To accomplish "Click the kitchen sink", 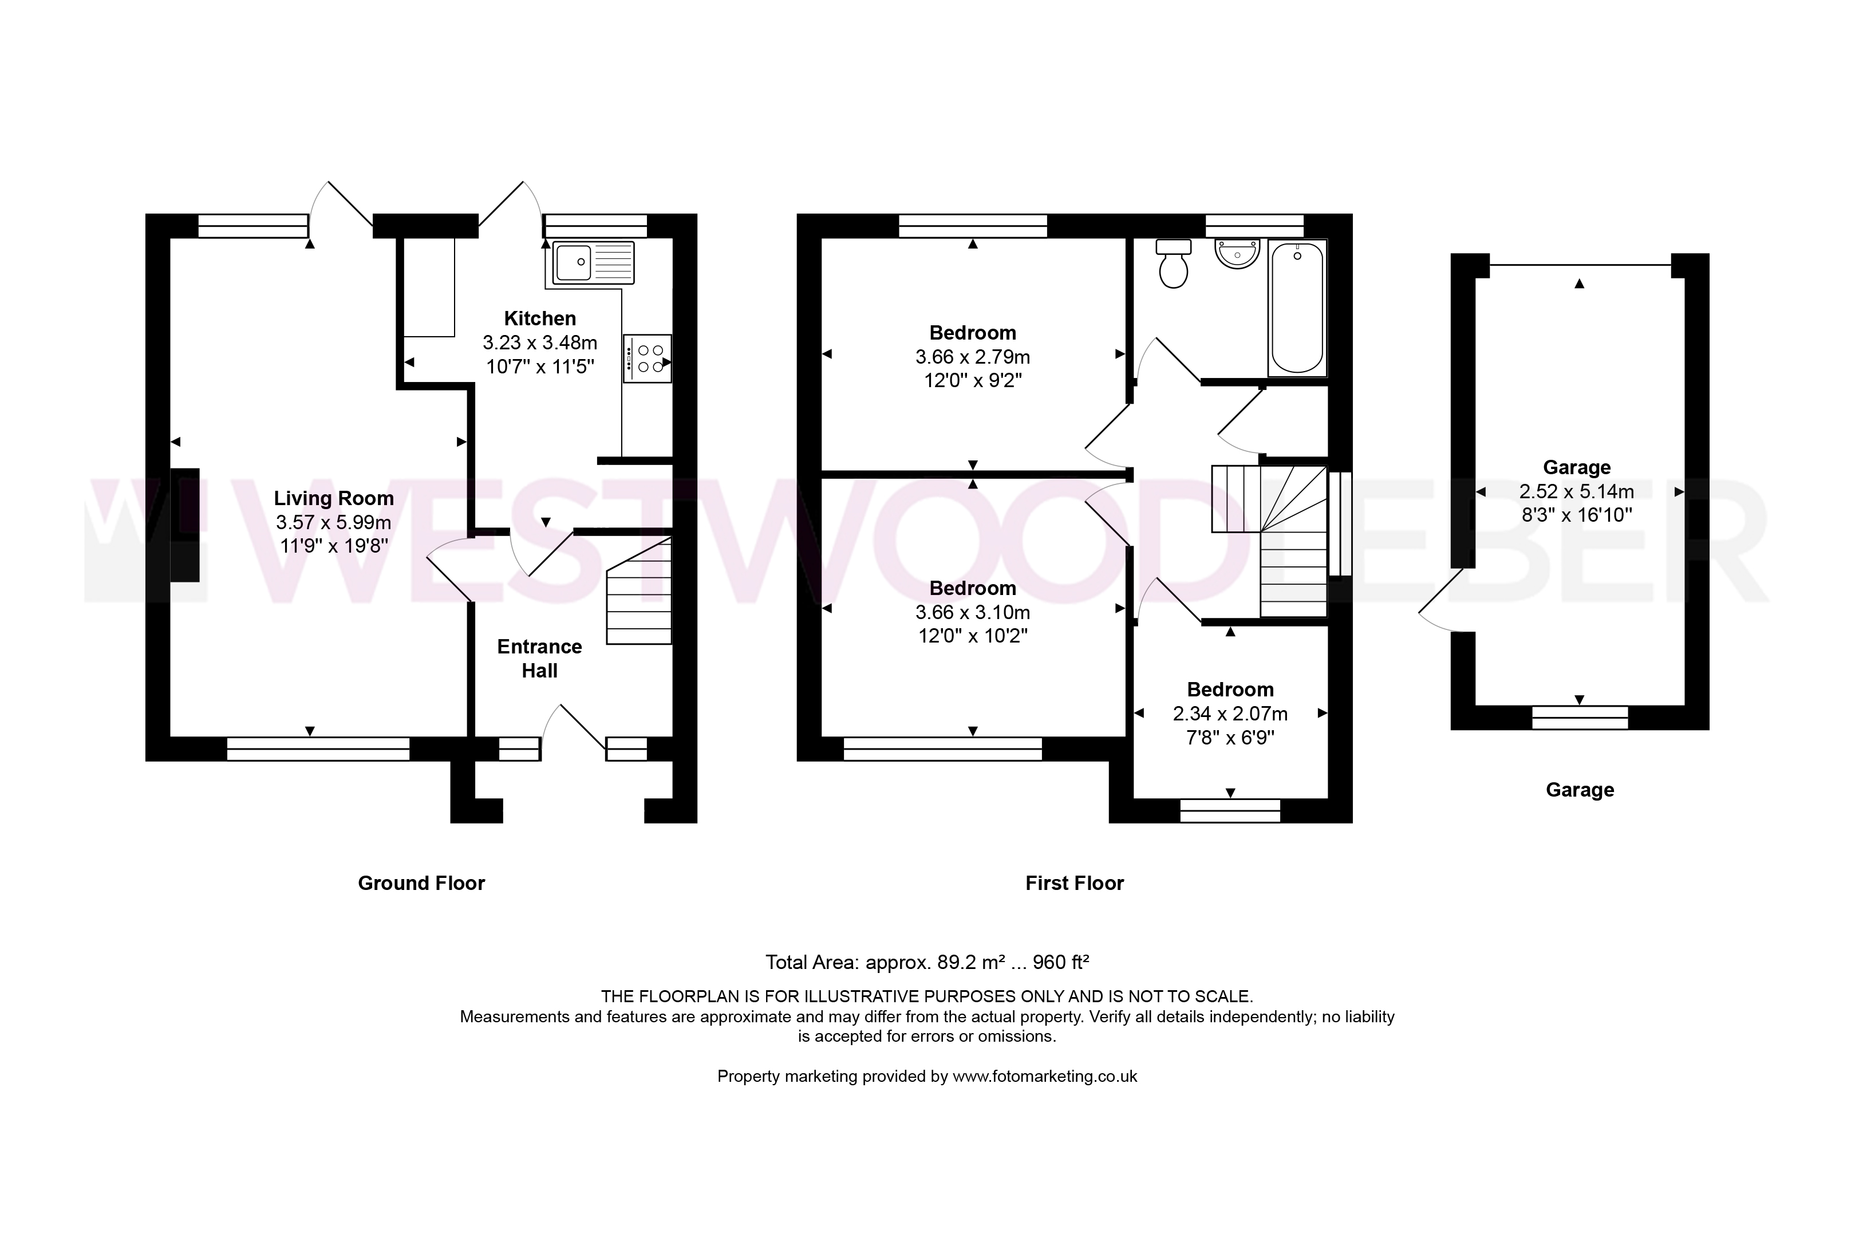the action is tap(594, 263).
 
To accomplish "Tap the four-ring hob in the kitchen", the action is tap(648, 359).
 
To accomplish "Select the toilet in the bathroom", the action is tap(1174, 263).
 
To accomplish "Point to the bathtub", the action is tap(1297, 308).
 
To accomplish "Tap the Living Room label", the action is tap(334, 499).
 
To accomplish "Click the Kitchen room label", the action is tap(540, 319).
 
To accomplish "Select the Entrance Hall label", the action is tap(539, 659).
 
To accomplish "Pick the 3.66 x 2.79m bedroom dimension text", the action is tap(973, 357).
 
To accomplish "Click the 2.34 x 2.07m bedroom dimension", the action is tap(1230, 714).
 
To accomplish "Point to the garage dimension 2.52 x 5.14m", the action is tap(1577, 491).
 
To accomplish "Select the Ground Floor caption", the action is tap(421, 884).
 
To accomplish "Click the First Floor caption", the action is tap(1074, 884).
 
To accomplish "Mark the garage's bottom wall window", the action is tap(1580, 718).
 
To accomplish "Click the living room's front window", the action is tap(318, 748).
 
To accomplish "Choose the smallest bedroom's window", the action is tap(1230, 811).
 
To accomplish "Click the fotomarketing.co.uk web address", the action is tap(1045, 1076).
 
